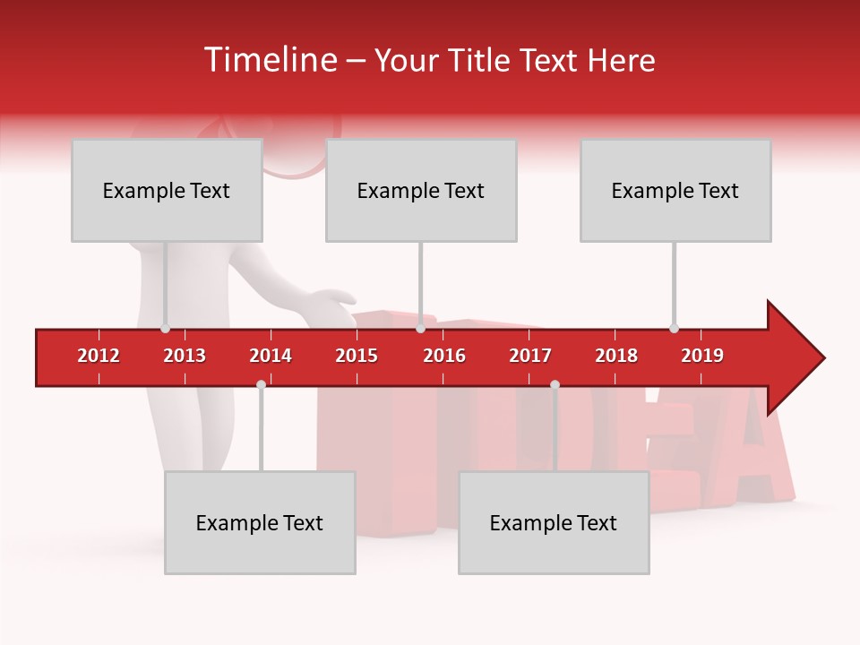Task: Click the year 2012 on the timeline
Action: pos(99,356)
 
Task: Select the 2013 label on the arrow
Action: pos(185,356)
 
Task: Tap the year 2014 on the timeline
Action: pos(271,356)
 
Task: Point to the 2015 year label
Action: pos(357,356)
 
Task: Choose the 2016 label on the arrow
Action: pos(444,356)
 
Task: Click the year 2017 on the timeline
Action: pos(530,356)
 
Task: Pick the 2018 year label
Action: pos(616,356)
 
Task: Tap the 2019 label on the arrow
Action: pos(702,356)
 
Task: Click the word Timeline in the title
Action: pos(269,60)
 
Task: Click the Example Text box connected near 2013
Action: pos(167,190)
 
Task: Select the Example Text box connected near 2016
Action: pos(421,190)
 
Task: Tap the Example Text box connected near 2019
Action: pos(675,190)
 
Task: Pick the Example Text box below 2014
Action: pos(260,522)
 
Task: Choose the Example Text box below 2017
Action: pos(554,522)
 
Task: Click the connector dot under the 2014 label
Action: pos(261,384)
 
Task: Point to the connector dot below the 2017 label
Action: pos(555,384)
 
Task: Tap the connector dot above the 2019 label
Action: pos(674,328)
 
